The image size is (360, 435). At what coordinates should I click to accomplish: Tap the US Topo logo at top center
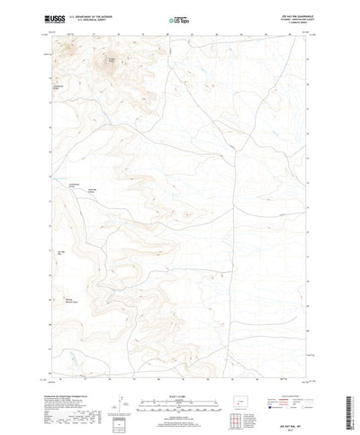180,17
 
